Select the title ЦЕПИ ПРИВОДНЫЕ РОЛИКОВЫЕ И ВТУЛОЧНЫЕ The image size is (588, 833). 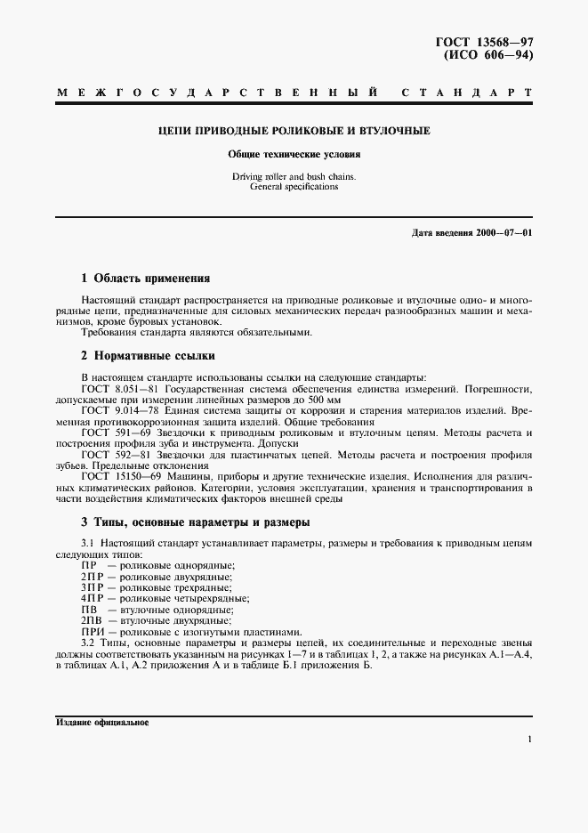pos(293,132)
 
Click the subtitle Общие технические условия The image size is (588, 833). pos(293,155)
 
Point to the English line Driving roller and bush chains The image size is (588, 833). pos(293,177)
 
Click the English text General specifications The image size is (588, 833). pos(293,188)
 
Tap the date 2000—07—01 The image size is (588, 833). pos(503,233)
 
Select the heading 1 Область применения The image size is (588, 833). pos(145,279)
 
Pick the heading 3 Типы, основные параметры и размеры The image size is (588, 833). pos(195,522)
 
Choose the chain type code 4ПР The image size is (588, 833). pos(92,598)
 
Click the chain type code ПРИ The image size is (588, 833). pos(91,630)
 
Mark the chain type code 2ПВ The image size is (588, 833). pos(91,619)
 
